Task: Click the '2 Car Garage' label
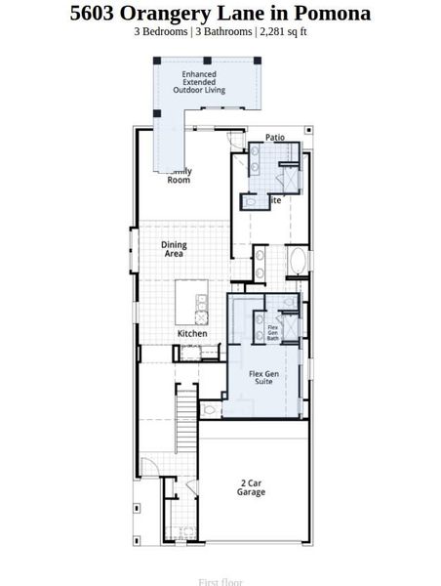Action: [x=251, y=487]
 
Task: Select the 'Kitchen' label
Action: [x=192, y=334]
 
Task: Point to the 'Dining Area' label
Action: [x=175, y=249]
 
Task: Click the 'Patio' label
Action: [x=274, y=138]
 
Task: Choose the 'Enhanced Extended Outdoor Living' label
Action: [x=199, y=82]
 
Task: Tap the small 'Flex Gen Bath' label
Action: [x=273, y=333]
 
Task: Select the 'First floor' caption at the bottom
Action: [x=220, y=582]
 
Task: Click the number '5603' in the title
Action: [x=96, y=14]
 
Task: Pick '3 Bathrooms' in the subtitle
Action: [x=222, y=31]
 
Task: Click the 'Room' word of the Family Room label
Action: [x=179, y=180]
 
